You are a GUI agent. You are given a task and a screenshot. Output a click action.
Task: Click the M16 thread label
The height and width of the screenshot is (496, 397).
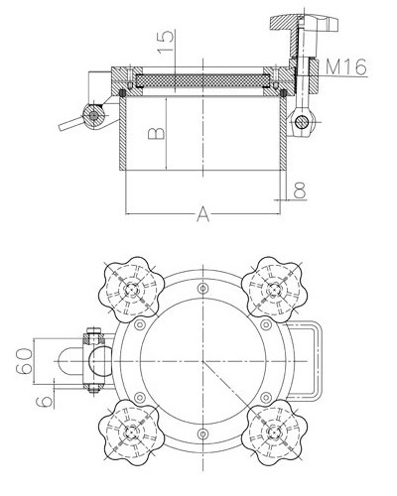click(346, 66)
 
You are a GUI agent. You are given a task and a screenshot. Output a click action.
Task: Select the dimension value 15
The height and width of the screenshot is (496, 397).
click(166, 41)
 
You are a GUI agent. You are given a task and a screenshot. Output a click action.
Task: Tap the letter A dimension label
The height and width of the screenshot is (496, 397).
click(203, 214)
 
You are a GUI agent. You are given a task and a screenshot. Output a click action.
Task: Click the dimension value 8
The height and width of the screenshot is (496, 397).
click(300, 189)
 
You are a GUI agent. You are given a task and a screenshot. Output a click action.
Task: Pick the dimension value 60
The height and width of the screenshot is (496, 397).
click(25, 361)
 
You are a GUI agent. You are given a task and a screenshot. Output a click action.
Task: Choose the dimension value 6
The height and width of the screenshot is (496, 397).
click(45, 402)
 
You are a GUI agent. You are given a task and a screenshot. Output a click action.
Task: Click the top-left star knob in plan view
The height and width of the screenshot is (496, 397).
click(131, 290)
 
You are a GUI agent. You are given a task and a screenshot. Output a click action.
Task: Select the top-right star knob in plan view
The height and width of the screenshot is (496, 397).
click(274, 290)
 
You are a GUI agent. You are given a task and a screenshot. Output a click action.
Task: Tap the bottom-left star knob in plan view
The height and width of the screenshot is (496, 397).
click(131, 433)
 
